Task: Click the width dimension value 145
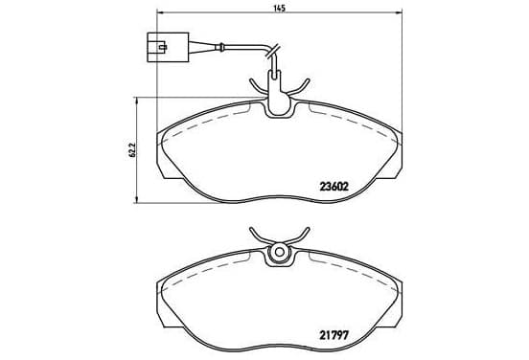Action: click(x=280, y=8)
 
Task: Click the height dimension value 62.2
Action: click(x=132, y=150)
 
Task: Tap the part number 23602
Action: click(x=333, y=186)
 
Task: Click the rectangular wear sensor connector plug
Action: click(x=168, y=47)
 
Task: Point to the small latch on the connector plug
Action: click(x=163, y=47)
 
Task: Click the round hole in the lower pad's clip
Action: click(x=279, y=252)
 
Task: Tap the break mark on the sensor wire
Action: click(x=272, y=51)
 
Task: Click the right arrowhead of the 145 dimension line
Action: click(x=399, y=12)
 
